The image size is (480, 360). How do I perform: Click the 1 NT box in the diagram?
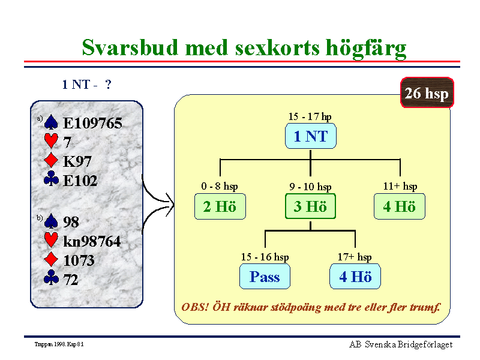(x=310, y=136)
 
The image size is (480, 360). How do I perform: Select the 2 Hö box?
(x=220, y=206)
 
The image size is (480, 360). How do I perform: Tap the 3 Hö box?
(x=310, y=206)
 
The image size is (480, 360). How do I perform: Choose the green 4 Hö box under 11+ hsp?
(x=400, y=206)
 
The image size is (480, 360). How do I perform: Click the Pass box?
(x=265, y=277)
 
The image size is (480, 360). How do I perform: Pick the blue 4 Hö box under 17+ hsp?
(x=355, y=277)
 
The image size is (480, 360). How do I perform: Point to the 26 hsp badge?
(x=427, y=93)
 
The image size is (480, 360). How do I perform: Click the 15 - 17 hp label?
(x=310, y=116)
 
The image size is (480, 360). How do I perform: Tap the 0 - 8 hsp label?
(x=220, y=186)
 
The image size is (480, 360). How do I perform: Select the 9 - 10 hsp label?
(x=310, y=187)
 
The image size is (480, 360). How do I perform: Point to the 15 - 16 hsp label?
(x=265, y=257)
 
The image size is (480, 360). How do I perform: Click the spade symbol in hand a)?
(x=51, y=122)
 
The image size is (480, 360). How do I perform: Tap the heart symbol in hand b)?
(x=51, y=239)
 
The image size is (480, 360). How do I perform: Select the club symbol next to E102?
(x=51, y=178)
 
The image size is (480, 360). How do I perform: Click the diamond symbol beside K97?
(x=51, y=160)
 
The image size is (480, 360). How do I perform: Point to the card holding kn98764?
(x=92, y=241)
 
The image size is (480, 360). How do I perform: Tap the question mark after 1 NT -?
(x=108, y=84)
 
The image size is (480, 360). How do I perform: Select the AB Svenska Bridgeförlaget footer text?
(x=401, y=344)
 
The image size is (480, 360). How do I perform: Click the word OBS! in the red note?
(x=194, y=307)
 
